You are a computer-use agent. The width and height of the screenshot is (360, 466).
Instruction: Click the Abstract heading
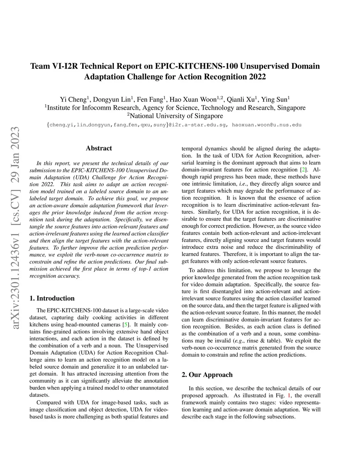[99, 148]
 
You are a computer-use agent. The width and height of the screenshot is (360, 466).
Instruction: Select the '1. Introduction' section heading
[52, 298]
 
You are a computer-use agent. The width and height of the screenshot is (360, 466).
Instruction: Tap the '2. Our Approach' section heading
[207, 375]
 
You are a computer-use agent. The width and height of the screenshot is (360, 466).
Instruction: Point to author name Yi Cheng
[73, 100]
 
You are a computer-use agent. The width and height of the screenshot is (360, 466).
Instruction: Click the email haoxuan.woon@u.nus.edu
[266, 125]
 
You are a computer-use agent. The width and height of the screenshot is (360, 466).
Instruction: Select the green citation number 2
[303, 170]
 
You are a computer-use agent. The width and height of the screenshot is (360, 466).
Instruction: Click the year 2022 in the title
[257, 77]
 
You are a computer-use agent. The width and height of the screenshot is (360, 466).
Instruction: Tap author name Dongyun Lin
[112, 100]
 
